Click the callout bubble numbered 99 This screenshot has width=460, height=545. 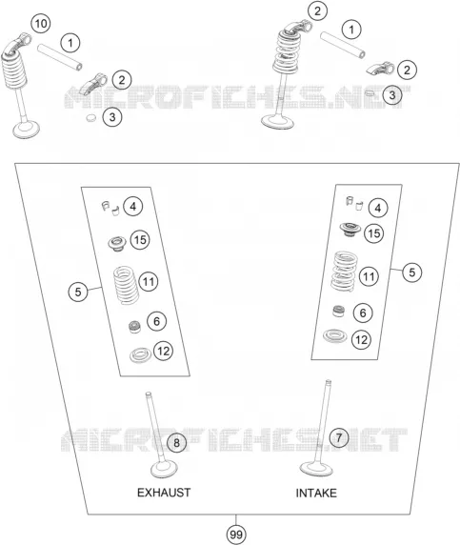[236, 535]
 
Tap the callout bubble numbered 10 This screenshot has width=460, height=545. [41, 24]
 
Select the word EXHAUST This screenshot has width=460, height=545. [164, 493]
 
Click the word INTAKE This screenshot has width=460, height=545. [316, 493]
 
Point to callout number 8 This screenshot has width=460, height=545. [176, 443]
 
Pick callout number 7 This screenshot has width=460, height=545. [339, 437]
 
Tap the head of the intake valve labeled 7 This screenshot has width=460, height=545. [316, 469]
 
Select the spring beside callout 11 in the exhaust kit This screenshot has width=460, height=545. [127, 285]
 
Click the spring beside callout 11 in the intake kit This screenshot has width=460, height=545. [344, 272]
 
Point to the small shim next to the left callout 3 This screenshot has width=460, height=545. [91, 117]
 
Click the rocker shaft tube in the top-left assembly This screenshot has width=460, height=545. [60, 56]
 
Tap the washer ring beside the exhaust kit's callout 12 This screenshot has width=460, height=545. [140, 354]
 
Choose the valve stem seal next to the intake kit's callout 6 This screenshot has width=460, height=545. [338, 311]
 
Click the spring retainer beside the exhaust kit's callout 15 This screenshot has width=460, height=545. [117, 243]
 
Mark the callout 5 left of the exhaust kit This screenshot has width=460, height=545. [78, 292]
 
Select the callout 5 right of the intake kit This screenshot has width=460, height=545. [412, 272]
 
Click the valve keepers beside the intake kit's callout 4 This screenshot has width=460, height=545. [354, 203]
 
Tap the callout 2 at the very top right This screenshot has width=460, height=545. [317, 11]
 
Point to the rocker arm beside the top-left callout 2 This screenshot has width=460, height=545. [93, 84]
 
